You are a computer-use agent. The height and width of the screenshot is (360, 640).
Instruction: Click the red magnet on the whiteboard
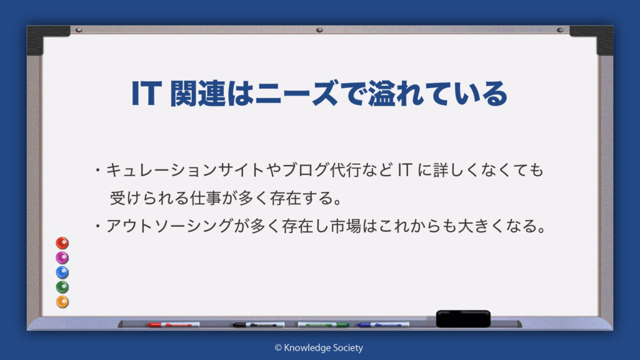(x=62, y=243)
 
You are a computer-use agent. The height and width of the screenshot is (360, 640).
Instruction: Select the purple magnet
(x=62, y=257)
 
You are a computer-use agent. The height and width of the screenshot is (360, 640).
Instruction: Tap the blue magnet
(x=62, y=272)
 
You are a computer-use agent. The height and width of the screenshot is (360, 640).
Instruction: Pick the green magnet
(x=62, y=287)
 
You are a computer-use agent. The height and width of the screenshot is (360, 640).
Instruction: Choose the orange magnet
(x=62, y=302)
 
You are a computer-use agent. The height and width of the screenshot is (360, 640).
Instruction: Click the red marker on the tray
(x=174, y=324)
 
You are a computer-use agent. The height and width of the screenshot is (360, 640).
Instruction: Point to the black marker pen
(x=259, y=324)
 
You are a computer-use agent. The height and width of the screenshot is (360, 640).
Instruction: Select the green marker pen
(x=323, y=324)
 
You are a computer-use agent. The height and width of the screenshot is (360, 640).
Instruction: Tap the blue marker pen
(x=383, y=324)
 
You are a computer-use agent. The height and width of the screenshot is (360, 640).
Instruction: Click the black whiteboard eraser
(x=463, y=319)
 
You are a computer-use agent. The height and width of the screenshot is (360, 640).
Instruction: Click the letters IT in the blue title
(x=145, y=94)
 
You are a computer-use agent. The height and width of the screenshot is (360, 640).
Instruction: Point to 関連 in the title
(x=197, y=94)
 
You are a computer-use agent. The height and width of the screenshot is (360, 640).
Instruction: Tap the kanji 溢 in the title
(x=382, y=94)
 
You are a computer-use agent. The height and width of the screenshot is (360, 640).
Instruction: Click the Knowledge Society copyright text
(x=319, y=347)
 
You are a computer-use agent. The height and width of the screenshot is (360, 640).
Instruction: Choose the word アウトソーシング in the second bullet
(x=169, y=226)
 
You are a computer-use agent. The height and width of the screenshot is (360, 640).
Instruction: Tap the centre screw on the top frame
(x=319, y=30)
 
